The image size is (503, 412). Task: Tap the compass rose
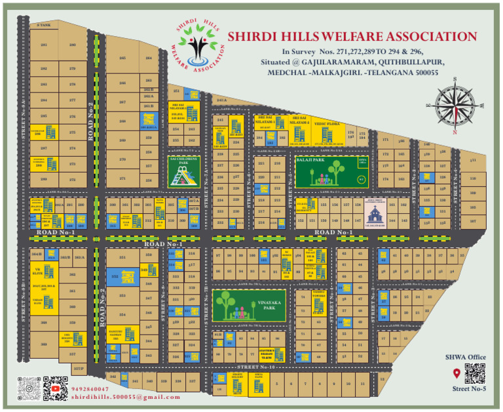[x=449, y=104]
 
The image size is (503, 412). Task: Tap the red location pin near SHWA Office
[x=456, y=374]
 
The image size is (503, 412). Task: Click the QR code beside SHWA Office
[x=474, y=373]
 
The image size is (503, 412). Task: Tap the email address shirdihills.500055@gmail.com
[x=125, y=397]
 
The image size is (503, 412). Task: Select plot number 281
[x=44, y=45]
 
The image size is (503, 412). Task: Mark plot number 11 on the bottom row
[x=362, y=384]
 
